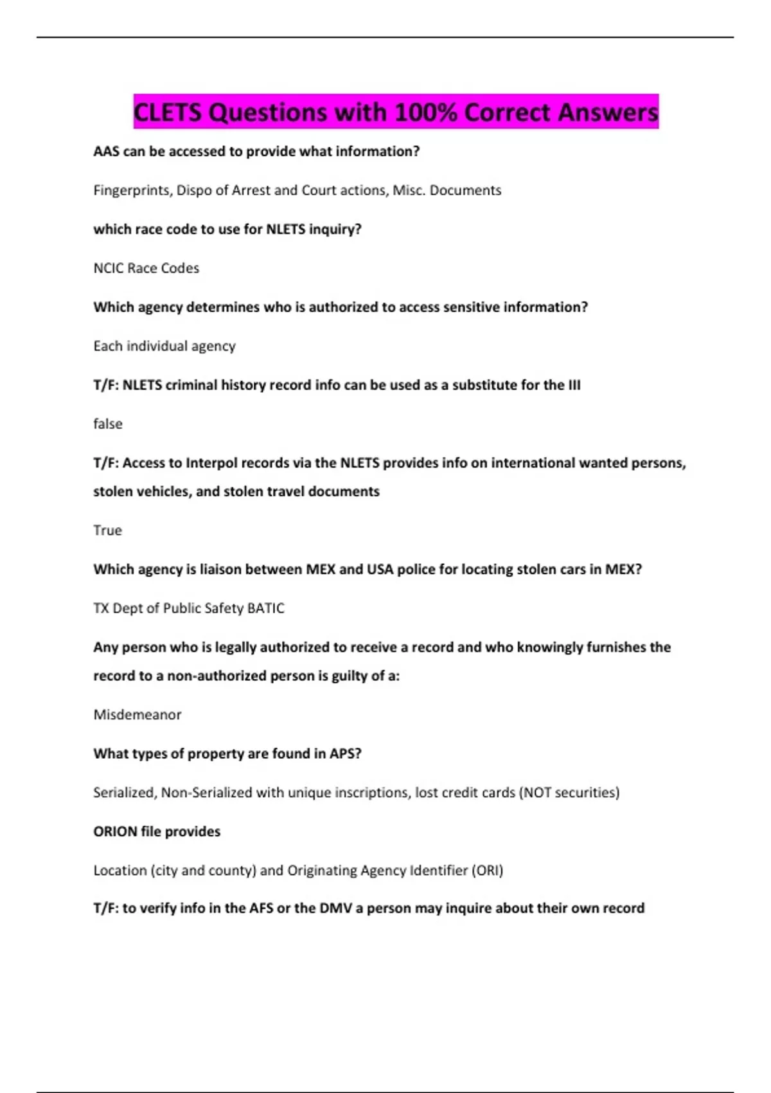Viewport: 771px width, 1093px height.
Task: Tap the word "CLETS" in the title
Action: point(168,113)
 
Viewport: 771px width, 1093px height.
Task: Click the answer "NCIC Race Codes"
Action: point(146,268)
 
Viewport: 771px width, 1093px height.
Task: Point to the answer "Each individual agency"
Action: point(164,346)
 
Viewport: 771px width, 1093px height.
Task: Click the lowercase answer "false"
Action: point(108,424)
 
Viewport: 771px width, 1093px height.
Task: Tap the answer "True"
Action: point(107,530)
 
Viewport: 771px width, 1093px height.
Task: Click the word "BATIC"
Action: point(265,608)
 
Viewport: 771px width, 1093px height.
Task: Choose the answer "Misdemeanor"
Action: point(137,715)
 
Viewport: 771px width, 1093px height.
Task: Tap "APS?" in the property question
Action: point(346,754)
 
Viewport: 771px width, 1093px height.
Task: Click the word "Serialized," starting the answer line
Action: point(125,793)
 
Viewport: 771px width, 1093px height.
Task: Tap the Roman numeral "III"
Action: point(574,385)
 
